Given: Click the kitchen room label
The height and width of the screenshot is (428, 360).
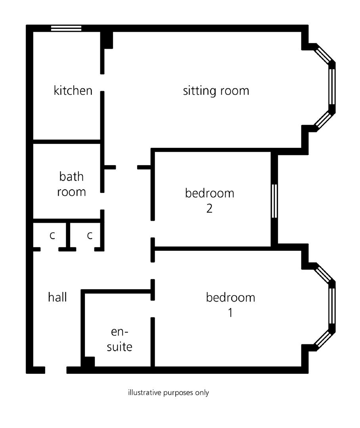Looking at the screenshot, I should (73, 90).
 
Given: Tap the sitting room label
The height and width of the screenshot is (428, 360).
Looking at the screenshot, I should (216, 90).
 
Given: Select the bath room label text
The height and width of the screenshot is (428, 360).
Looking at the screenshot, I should (71, 184).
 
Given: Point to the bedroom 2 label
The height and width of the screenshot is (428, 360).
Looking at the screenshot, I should (209, 201).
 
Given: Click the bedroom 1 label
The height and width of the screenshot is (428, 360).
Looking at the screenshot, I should (230, 305).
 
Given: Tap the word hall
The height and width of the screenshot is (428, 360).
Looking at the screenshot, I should (57, 297).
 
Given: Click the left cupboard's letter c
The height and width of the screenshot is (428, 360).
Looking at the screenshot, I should (52, 235).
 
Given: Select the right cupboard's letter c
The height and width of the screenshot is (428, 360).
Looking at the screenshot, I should (90, 235).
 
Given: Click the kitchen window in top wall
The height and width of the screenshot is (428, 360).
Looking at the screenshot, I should (66, 28).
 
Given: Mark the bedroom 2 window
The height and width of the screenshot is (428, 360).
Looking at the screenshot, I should (274, 201).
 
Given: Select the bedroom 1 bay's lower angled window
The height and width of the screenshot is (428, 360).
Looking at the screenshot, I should (323, 338).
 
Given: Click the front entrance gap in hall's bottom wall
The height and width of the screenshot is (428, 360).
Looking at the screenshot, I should (56, 370).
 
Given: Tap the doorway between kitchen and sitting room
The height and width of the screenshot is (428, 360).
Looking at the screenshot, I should (102, 82).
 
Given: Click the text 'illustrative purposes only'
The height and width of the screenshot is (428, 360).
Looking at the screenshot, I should (168, 393).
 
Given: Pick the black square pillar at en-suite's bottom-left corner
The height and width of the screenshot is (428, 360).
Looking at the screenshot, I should (88, 363).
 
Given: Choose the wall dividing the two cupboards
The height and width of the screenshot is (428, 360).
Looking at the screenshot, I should (68, 235).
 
